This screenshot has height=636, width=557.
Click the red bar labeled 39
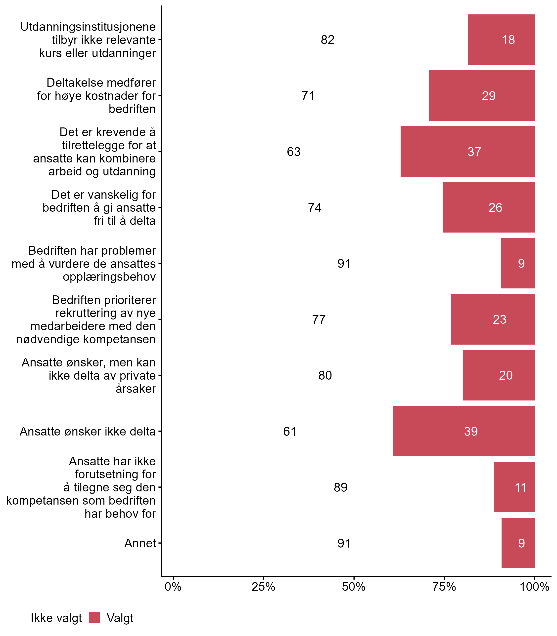click(464, 431)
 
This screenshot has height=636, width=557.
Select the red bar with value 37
click(467, 152)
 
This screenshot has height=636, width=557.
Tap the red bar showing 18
click(501, 40)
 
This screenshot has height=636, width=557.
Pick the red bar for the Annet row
click(518, 543)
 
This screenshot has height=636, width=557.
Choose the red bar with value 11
click(514, 487)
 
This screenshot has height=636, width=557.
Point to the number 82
click(328, 40)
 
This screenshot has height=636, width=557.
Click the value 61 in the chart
click(290, 431)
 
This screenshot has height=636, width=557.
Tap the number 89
click(340, 487)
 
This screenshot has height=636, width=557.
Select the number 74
click(315, 207)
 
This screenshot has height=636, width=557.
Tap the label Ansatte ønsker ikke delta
click(88, 431)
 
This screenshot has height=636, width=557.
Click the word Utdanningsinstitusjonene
click(88, 27)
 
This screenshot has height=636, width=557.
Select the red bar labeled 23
click(492, 319)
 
